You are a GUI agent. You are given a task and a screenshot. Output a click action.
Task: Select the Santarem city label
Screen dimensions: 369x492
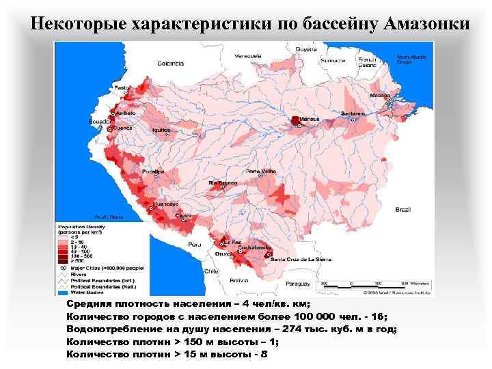tap(353, 113)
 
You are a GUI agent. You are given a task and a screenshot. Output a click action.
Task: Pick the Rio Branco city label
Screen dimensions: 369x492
tap(222, 184)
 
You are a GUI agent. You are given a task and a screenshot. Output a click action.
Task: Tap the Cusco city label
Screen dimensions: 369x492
tap(184, 216)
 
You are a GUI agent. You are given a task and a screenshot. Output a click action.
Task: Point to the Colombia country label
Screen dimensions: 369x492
tap(170, 64)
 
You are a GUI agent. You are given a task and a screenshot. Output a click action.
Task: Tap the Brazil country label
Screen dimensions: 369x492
tap(402, 208)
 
